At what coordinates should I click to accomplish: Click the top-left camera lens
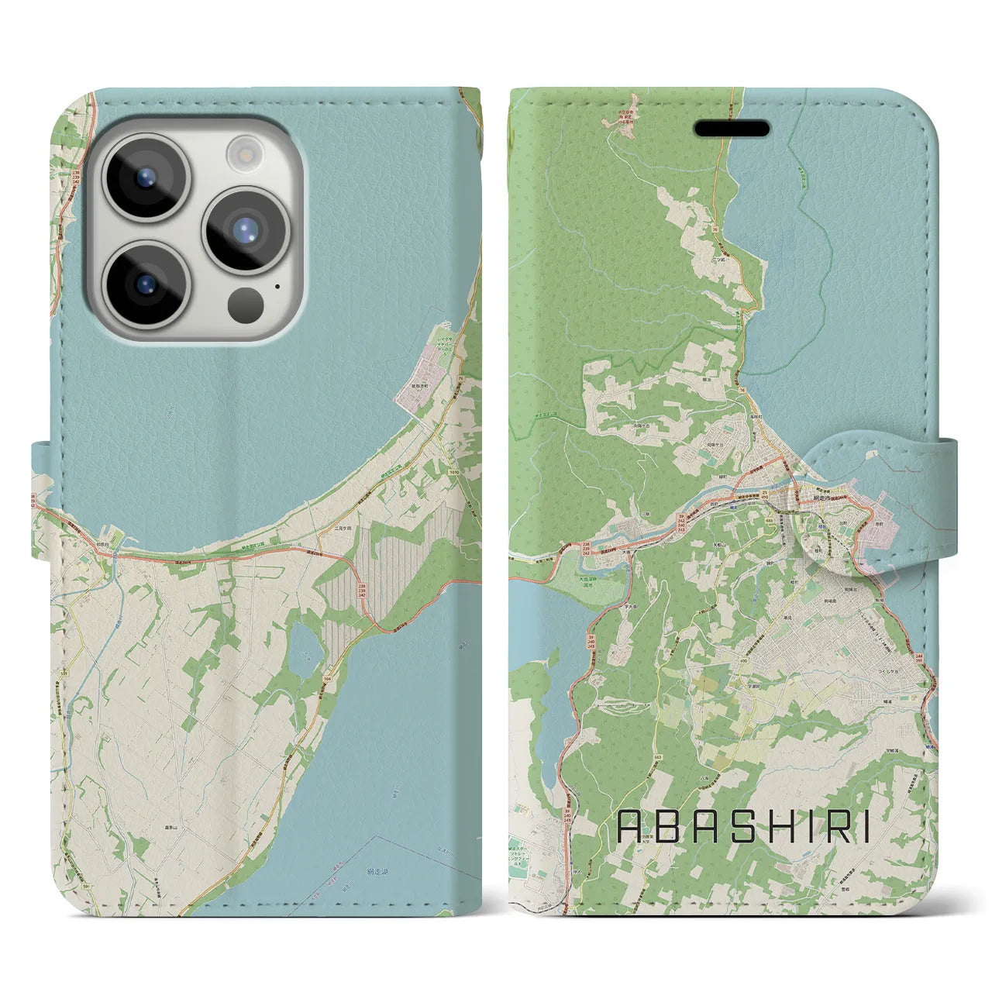tap(145, 177)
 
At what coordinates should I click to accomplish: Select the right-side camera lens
tap(246, 229)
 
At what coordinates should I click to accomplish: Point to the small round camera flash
tap(246, 153)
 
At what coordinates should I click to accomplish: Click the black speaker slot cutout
tap(731, 128)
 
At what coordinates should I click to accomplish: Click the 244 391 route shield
tap(918, 656)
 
